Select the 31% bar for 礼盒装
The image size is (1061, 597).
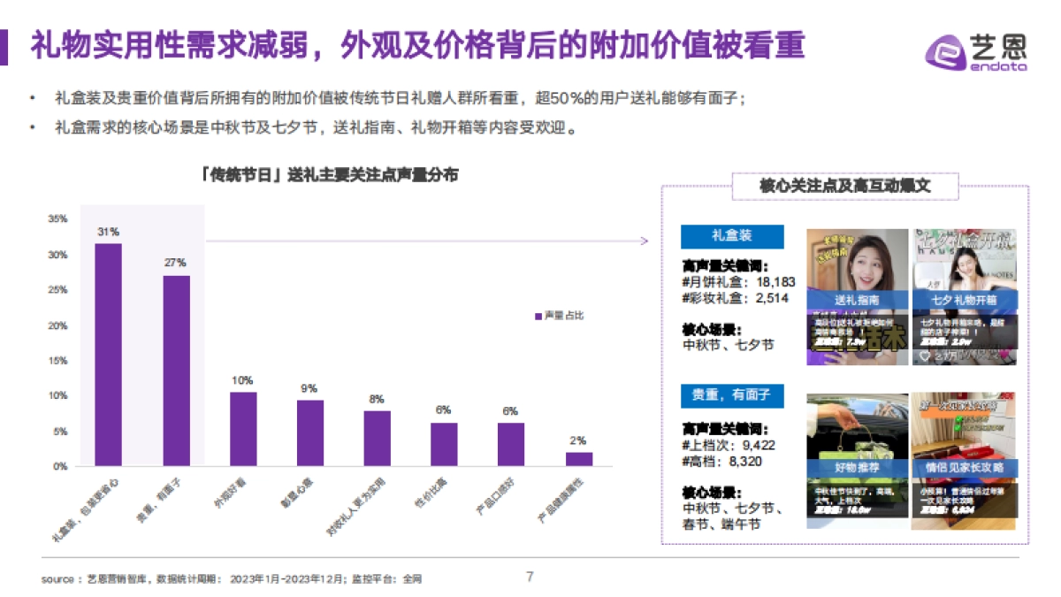click(x=109, y=354)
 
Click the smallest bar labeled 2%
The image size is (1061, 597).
click(x=579, y=458)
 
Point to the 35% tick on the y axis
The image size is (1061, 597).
click(x=57, y=218)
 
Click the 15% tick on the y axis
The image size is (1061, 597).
click(x=57, y=361)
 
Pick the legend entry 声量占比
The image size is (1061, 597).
click(x=559, y=316)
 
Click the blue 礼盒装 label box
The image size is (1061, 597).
click(x=731, y=236)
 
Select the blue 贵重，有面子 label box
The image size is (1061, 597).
click(x=731, y=395)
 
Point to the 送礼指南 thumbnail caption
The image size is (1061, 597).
click(x=857, y=301)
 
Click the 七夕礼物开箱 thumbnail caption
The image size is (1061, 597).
click(x=964, y=301)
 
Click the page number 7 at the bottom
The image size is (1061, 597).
click(x=530, y=577)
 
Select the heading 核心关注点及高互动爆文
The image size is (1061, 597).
click(x=845, y=186)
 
